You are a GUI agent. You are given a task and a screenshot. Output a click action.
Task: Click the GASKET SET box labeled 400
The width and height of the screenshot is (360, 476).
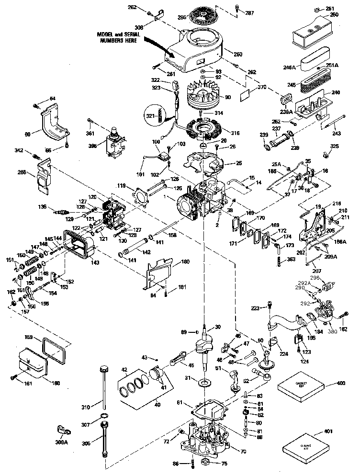[x=300, y=386]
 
